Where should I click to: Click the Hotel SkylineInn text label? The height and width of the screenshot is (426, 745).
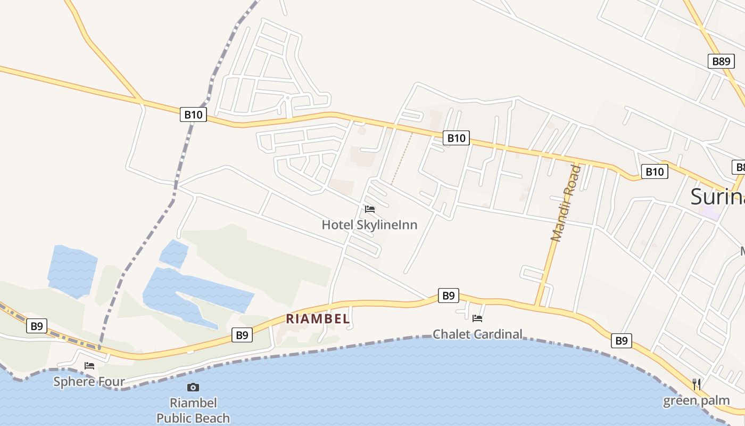pyautogui.click(x=369, y=225)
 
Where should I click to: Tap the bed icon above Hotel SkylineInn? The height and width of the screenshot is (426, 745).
pyautogui.click(x=370, y=209)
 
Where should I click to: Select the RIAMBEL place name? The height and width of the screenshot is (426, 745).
pyautogui.click(x=318, y=319)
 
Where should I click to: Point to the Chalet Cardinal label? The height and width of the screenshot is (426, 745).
pyautogui.click(x=477, y=334)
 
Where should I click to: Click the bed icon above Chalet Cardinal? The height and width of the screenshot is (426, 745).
pyautogui.click(x=477, y=318)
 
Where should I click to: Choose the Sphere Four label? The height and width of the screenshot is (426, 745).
pyautogui.click(x=89, y=381)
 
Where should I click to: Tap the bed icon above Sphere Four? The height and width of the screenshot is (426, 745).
pyautogui.click(x=89, y=366)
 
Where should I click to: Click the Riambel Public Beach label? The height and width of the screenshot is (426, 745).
pyautogui.click(x=193, y=410)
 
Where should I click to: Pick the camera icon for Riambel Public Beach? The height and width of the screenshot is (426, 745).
pyautogui.click(x=193, y=387)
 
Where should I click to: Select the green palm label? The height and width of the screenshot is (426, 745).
pyautogui.click(x=696, y=400)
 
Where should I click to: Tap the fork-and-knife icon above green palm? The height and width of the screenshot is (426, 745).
pyautogui.click(x=696, y=383)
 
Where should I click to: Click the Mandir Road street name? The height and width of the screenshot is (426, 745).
pyautogui.click(x=566, y=203)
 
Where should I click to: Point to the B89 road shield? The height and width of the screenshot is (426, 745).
pyautogui.click(x=721, y=61)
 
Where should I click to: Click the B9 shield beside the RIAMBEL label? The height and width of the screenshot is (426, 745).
pyautogui.click(x=242, y=335)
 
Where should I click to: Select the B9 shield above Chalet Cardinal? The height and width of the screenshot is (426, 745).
pyautogui.click(x=449, y=296)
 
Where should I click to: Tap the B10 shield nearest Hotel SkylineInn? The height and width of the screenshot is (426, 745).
pyautogui.click(x=456, y=138)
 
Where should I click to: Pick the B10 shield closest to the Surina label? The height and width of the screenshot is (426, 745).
pyautogui.click(x=655, y=171)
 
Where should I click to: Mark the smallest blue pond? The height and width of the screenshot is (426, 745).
pyautogui.click(x=173, y=253)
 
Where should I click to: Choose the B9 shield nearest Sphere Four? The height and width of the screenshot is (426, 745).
pyautogui.click(x=37, y=326)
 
